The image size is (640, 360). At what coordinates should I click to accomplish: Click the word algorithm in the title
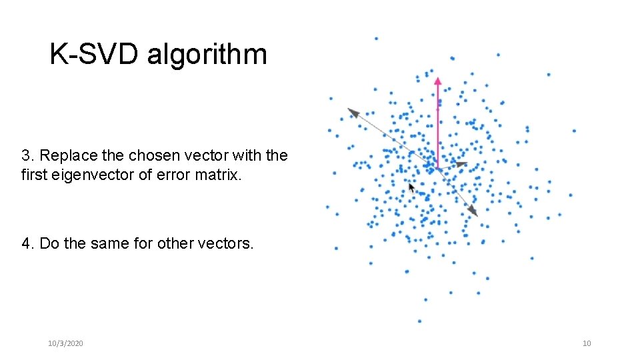pyautogui.click(x=207, y=55)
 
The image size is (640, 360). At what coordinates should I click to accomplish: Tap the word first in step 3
pyautogui.click(x=33, y=176)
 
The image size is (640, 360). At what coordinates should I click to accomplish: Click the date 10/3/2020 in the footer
pyautogui.click(x=65, y=343)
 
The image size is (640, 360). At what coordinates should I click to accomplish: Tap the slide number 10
pyautogui.click(x=587, y=343)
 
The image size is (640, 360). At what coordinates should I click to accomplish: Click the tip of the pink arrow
pyautogui.click(x=438, y=79)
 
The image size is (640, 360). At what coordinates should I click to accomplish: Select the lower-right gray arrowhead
pyautogui.click(x=473, y=211)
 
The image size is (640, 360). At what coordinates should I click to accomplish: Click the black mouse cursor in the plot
pyautogui.click(x=411, y=188)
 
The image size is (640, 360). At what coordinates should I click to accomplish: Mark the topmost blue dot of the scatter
pyautogui.click(x=376, y=39)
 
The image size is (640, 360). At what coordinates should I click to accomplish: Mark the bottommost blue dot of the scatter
pyautogui.click(x=419, y=321)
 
